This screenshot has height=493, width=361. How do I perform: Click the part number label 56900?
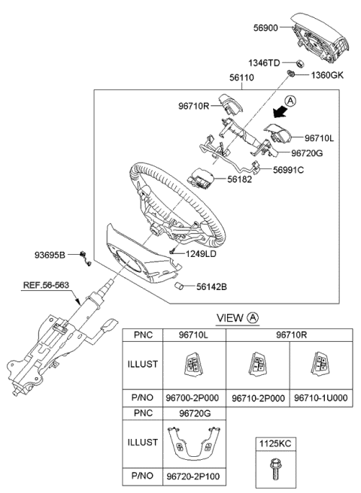coord(266,28)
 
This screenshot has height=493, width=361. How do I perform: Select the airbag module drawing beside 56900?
coord(320,38)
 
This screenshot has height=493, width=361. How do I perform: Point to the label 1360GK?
coord(327,75)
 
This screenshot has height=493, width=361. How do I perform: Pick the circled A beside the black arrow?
coord(290,101)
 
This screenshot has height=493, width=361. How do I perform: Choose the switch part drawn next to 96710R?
coord(232,104)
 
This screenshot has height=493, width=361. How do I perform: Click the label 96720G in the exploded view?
coord(307,153)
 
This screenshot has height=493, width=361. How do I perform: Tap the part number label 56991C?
coord(288,170)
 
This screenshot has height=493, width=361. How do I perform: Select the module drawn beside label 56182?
coord(200,177)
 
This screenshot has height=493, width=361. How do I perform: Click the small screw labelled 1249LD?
coord(172,252)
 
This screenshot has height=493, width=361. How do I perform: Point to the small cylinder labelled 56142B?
coord(179,286)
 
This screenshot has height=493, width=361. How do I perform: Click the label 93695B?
coord(50,255)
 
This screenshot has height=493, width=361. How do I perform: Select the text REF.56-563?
coord(46,285)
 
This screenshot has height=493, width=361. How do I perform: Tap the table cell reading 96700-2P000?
coord(193,398)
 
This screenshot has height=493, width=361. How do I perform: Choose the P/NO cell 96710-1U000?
coord(321,398)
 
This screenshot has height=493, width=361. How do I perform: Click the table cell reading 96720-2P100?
coord(193,476)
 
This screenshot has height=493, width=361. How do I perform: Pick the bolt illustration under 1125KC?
coord(275,469)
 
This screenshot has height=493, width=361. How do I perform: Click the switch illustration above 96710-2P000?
coord(258,364)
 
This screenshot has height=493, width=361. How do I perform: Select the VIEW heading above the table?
coord(230,318)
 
